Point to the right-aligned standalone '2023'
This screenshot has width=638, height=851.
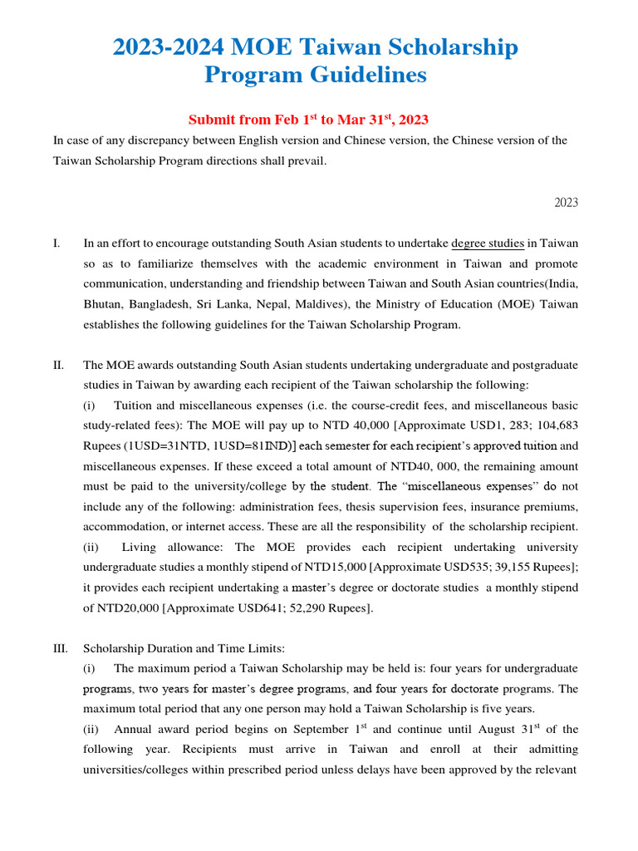pos(566,203)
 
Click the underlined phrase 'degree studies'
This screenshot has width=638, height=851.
pos(488,243)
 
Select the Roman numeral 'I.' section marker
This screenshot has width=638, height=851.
pos(56,243)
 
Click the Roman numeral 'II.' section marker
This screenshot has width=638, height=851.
pos(58,365)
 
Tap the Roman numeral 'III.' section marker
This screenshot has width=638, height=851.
pos(60,648)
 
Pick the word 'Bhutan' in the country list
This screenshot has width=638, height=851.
pos(102,304)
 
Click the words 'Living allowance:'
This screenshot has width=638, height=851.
pos(171,547)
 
